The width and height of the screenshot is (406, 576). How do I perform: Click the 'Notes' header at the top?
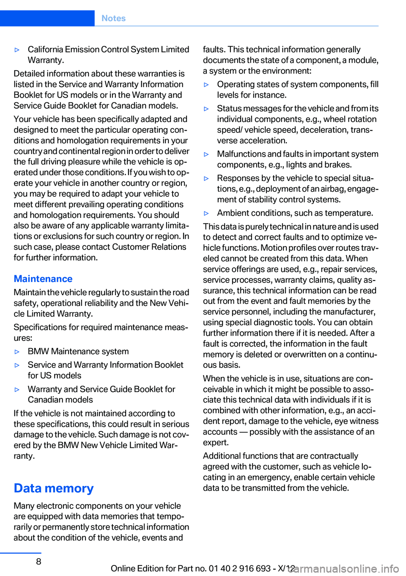(113, 18)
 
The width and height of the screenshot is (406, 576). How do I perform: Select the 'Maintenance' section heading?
(43, 279)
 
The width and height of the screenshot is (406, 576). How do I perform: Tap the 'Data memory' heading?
(54, 488)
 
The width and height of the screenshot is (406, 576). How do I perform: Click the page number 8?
(38, 561)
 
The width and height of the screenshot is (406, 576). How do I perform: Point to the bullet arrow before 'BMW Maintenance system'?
(17, 352)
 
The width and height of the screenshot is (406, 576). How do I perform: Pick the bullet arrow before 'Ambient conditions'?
(206, 214)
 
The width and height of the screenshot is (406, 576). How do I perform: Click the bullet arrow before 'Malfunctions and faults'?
(206, 155)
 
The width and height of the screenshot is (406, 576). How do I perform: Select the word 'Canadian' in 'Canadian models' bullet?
(46, 400)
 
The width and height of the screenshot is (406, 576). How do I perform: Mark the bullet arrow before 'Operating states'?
(206, 85)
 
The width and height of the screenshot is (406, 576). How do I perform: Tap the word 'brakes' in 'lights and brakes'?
(337, 165)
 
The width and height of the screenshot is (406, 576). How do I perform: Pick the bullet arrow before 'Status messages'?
(206, 109)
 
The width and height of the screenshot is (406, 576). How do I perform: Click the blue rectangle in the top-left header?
(47, 18)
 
